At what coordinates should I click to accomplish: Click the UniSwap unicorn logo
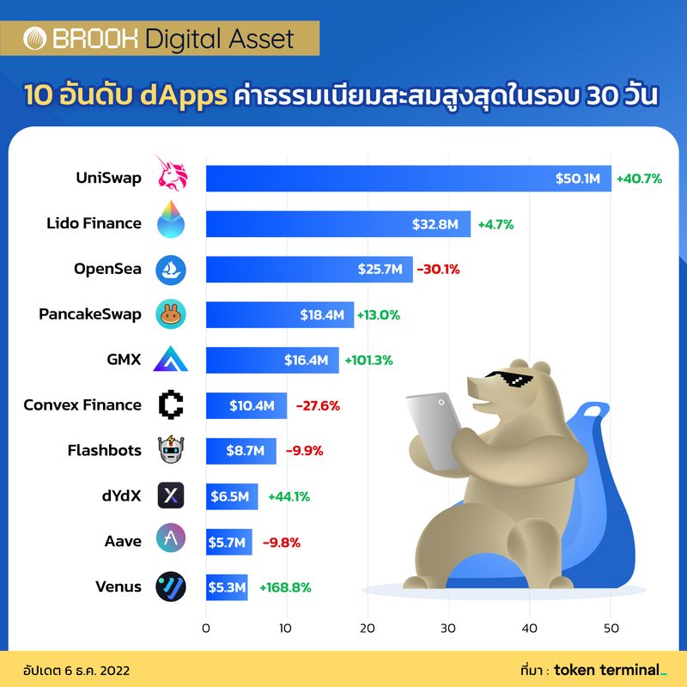(x=171, y=178)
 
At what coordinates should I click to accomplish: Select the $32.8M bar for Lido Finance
(x=337, y=223)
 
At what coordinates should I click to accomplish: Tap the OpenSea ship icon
(x=171, y=270)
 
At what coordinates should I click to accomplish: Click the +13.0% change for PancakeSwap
(x=380, y=315)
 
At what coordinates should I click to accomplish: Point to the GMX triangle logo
(x=171, y=360)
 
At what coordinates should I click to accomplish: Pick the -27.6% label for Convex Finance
(x=318, y=405)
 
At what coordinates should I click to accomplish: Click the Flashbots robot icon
(x=171, y=450)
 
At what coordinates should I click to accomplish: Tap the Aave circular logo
(x=171, y=540)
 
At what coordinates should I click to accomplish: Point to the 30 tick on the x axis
(x=449, y=628)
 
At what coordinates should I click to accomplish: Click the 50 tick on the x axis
(x=611, y=628)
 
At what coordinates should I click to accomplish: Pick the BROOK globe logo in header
(x=34, y=39)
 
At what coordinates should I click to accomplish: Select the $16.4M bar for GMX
(x=272, y=360)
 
